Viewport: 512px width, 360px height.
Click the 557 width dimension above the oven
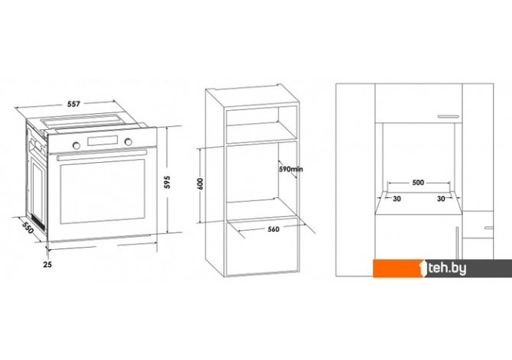tap(73, 104)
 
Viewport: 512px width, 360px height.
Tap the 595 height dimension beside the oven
tap(167, 182)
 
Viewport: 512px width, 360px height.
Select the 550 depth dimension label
tap(28, 227)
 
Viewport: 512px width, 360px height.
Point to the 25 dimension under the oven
tap(47, 264)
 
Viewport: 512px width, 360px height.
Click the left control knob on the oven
tap(76, 145)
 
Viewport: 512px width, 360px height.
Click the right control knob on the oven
tap(128, 141)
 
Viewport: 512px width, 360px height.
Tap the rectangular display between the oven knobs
tap(102, 141)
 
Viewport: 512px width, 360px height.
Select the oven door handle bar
tap(102, 155)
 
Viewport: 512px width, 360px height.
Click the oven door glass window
tap(102, 191)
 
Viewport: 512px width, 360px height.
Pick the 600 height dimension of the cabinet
tap(200, 184)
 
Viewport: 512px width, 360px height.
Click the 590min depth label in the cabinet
tap(290, 169)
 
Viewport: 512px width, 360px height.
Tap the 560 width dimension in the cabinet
tap(274, 229)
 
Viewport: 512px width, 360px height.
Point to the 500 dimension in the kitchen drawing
tap(418, 183)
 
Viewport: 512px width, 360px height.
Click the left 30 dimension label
tap(397, 199)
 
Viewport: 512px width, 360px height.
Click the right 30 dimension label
tap(441, 199)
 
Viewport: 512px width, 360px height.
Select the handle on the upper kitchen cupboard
tap(449, 116)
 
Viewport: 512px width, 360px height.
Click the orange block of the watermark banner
tap(398, 268)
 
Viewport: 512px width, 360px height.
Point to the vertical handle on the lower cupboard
tap(457, 243)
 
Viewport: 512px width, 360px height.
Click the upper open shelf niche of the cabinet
tap(252, 126)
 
